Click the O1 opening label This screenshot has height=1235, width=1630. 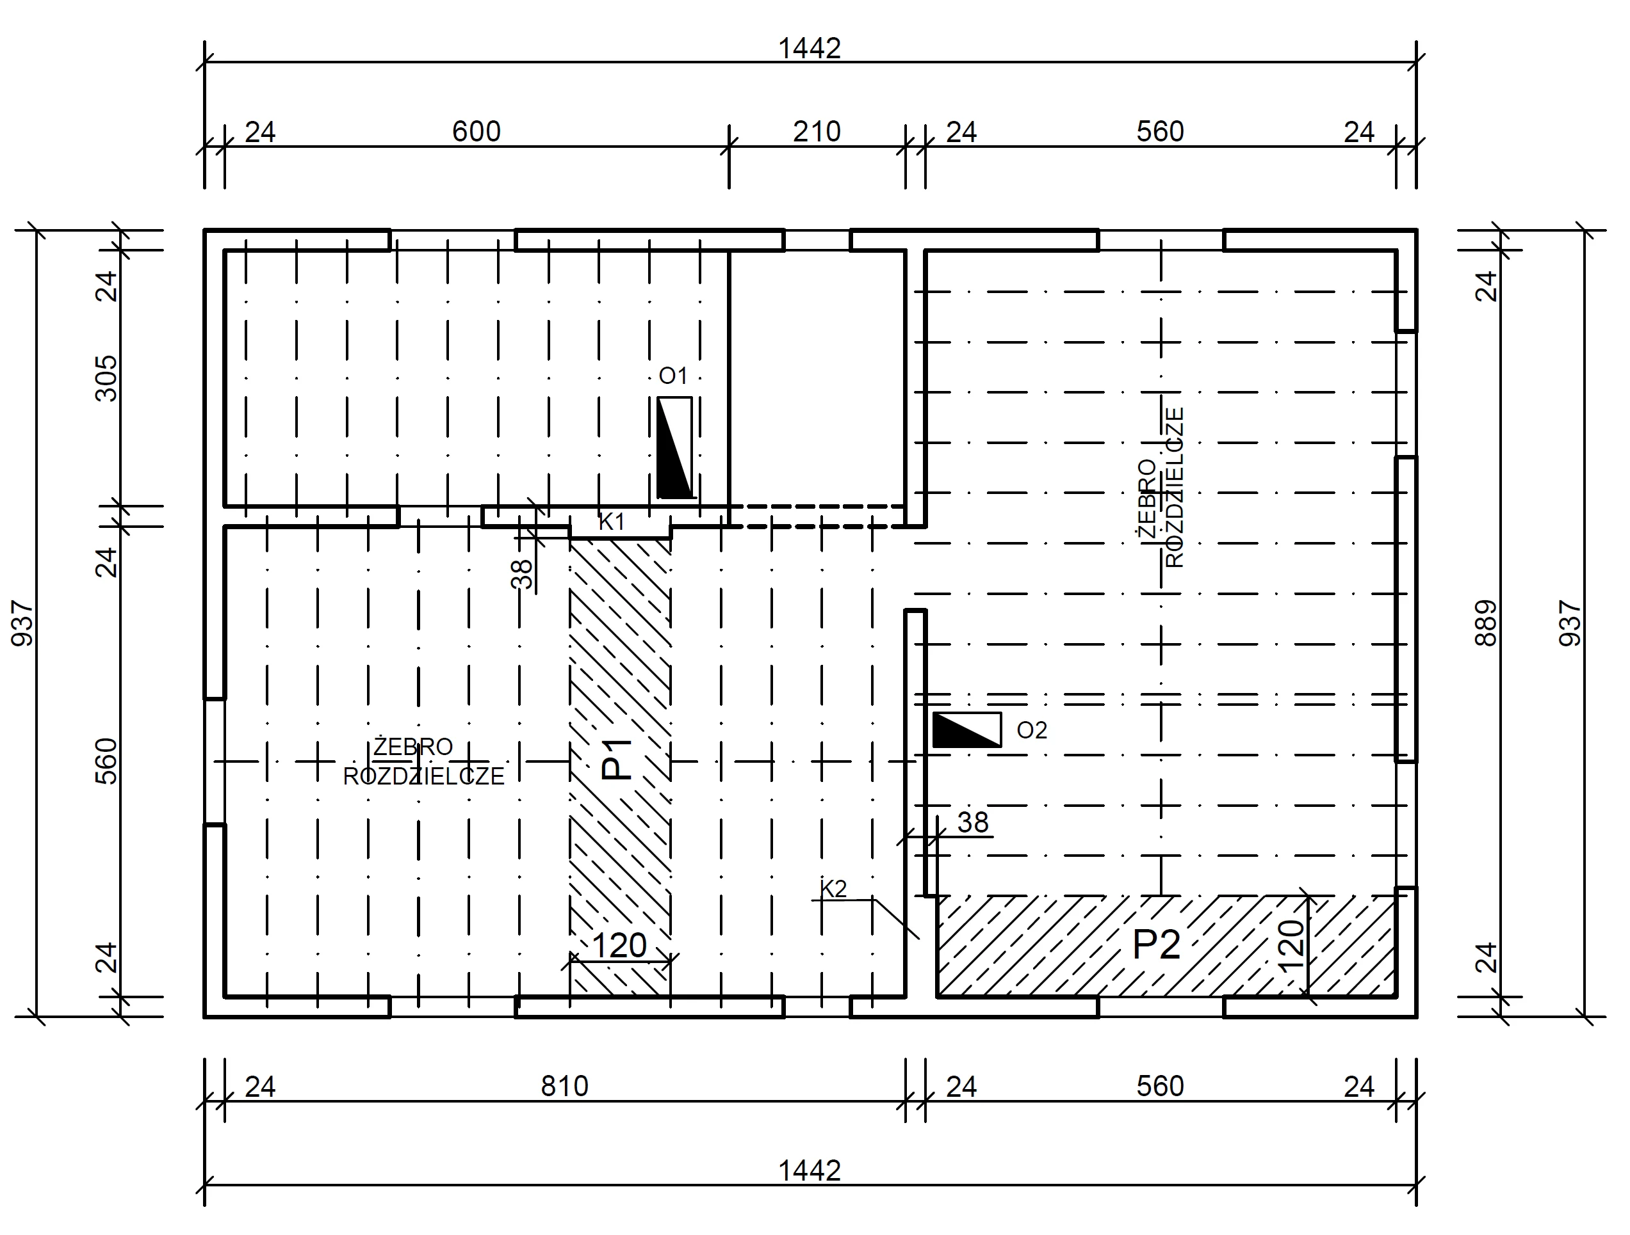(672, 376)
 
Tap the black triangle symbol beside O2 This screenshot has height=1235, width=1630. (956, 731)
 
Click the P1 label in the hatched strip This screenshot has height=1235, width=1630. (617, 760)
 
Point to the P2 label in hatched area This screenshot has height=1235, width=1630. (1156, 945)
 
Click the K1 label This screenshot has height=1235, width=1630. (612, 522)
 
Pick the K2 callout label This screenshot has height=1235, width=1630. (833, 889)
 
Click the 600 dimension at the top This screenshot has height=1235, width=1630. (476, 132)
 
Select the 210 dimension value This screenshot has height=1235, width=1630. (817, 132)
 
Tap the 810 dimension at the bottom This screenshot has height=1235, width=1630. (564, 1087)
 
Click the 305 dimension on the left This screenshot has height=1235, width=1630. (107, 379)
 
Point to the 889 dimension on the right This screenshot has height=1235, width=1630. (1487, 624)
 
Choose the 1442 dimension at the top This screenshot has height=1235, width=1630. (810, 49)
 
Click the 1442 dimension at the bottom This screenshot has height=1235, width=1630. (810, 1170)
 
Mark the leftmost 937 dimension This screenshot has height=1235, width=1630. (23, 624)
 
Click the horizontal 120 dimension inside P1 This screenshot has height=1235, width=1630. (619, 946)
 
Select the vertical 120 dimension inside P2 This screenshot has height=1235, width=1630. (1291, 946)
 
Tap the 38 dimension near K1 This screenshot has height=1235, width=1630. (522, 575)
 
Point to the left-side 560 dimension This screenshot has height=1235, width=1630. (107, 761)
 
